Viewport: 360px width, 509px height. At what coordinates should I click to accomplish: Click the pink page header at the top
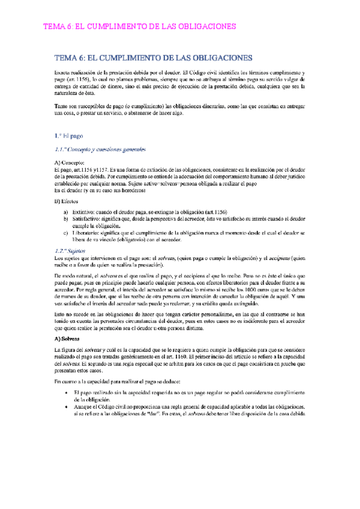pyautogui.click(x=142, y=28)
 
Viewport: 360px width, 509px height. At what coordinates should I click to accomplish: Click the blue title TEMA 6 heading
pyautogui.click(x=153, y=58)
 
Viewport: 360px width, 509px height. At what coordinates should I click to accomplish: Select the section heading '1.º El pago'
pyautogui.click(x=64, y=136)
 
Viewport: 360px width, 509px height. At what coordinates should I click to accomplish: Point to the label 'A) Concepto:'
pyautogui.click(x=69, y=163)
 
